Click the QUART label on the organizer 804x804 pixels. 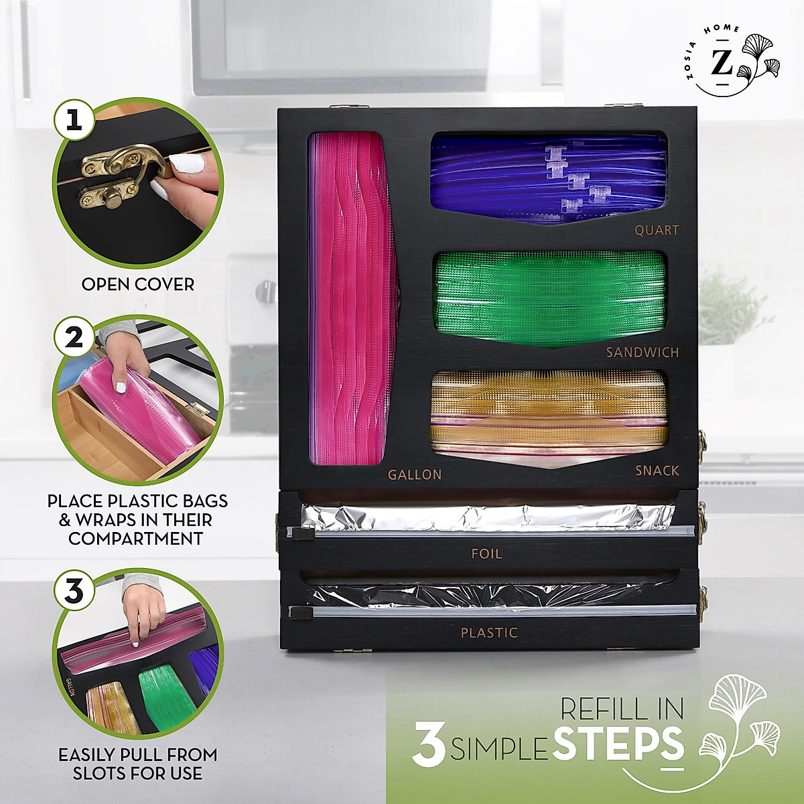click(657, 230)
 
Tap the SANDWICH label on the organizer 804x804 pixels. click(643, 352)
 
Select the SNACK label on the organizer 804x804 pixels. click(657, 470)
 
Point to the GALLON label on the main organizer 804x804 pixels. click(415, 474)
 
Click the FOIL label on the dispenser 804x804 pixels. click(486, 553)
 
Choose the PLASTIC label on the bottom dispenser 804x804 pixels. click(489, 632)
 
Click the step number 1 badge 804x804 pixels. click(74, 120)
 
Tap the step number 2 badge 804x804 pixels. click(74, 337)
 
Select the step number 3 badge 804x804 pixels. click(74, 590)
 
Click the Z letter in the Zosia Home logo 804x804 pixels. click(722, 63)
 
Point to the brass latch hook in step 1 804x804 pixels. click(121, 167)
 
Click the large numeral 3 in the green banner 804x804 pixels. click(429, 744)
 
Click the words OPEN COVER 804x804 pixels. click(137, 284)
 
